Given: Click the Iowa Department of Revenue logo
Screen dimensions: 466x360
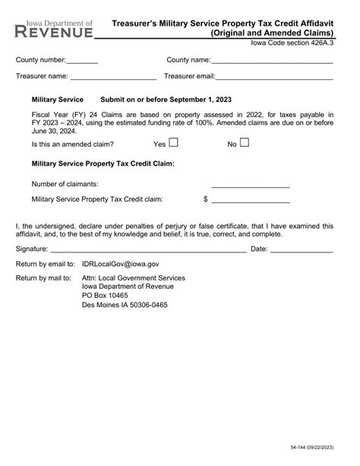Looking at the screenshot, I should (x=55, y=29).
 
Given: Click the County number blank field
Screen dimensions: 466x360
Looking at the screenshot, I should (x=82, y=62).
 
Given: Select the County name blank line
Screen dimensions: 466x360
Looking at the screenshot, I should (x=272, y=62).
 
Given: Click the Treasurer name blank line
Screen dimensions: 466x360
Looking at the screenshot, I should (x=113, y=78).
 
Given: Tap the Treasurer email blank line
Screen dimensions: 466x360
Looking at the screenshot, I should (x=274, y=78).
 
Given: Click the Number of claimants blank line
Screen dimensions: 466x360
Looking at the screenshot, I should (x=250, y=185).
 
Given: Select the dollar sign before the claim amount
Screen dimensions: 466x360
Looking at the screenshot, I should (x=205, y=199).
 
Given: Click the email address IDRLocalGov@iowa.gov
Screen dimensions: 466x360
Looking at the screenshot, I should (x=120, y=264).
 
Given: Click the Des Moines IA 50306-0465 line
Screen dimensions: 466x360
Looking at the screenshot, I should (x=125, y=305).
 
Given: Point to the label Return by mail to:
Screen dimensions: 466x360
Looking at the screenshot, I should (x=45, y=278).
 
